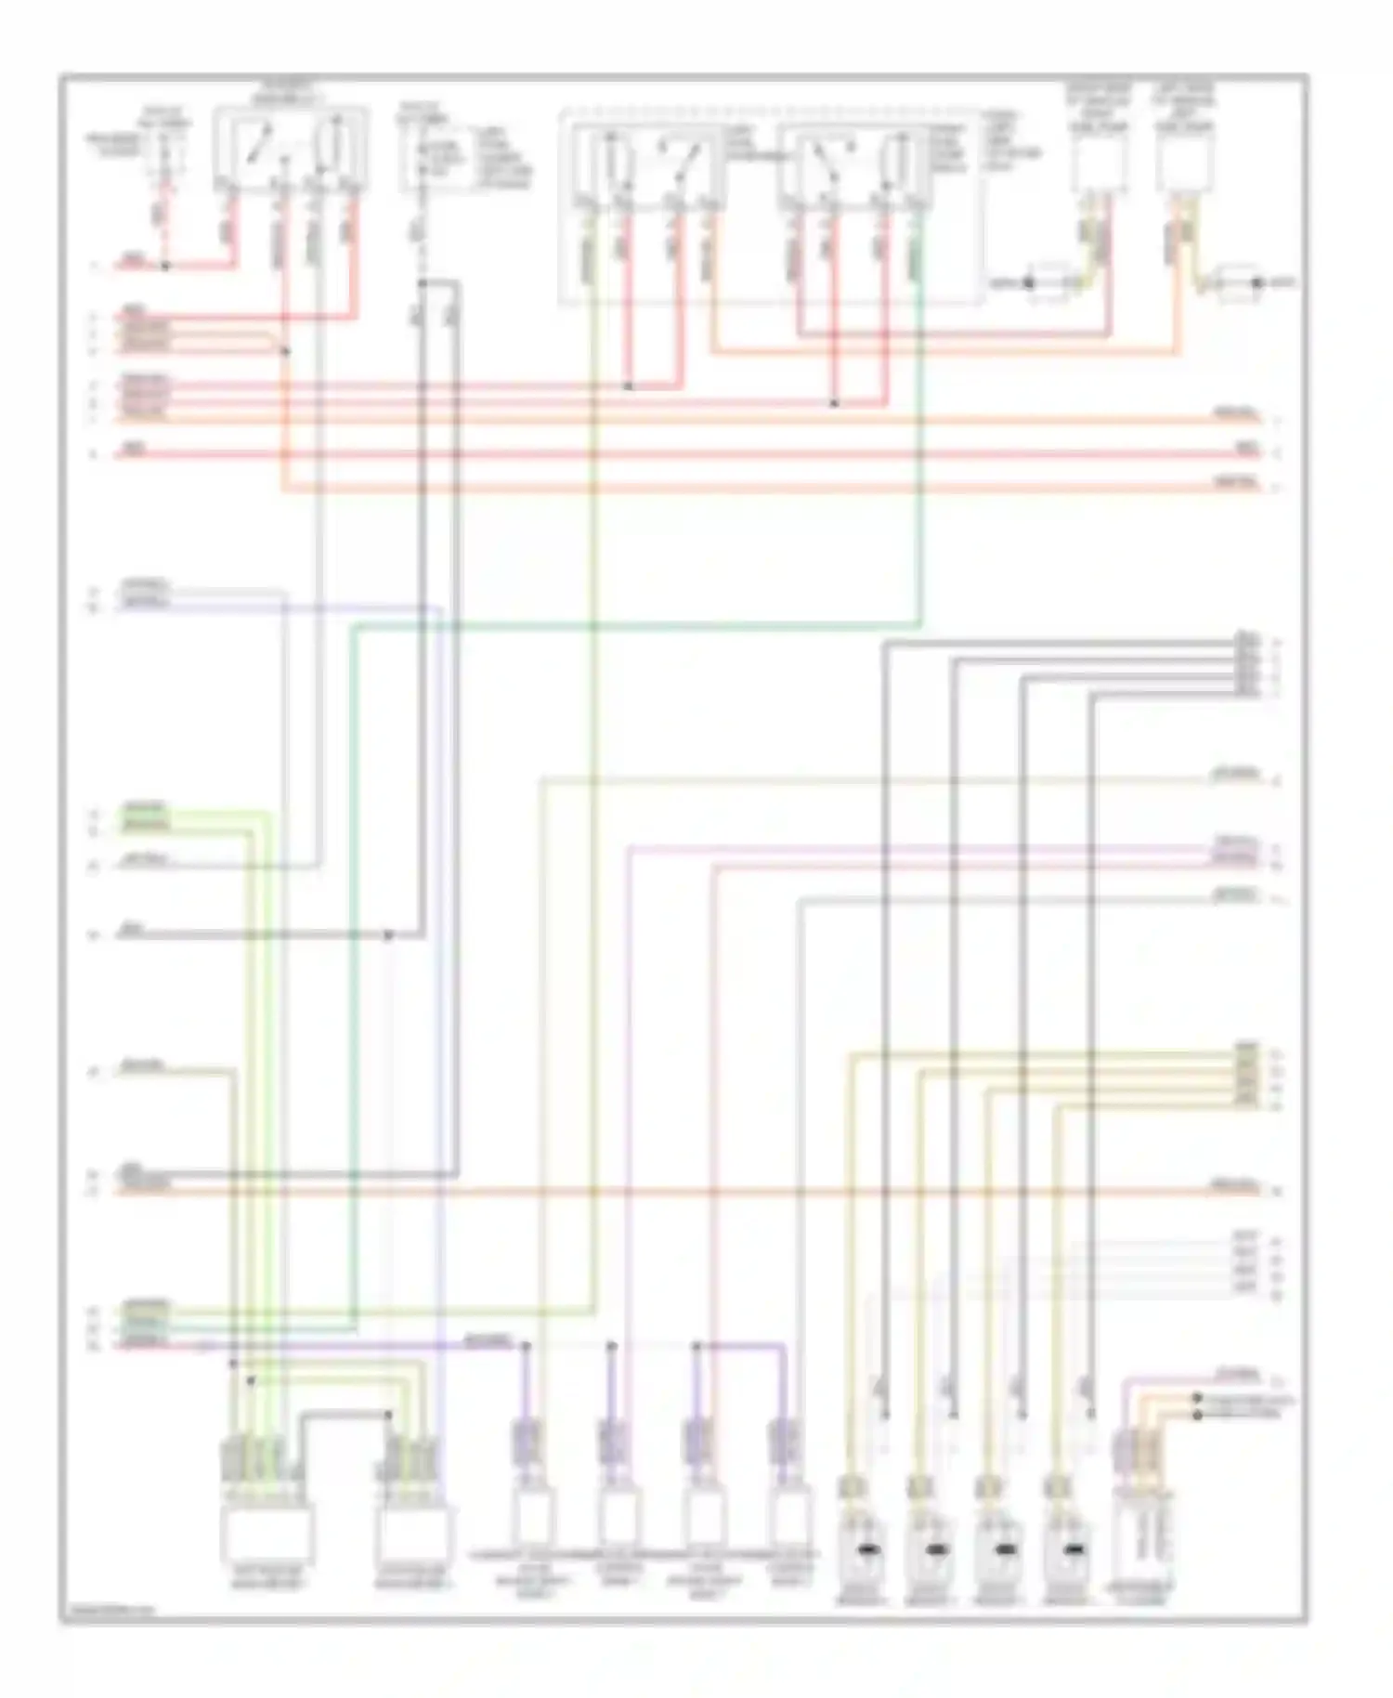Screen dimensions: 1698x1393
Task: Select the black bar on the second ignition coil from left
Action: coord(935,1549)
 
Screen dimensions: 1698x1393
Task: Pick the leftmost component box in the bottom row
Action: coord(267,1533)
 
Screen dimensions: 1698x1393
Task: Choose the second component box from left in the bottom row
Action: coord(415,1533)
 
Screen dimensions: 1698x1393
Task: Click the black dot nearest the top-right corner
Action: coord(1258,282)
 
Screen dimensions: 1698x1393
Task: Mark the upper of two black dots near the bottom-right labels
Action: coord(1198,1398)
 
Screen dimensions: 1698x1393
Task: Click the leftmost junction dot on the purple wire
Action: coord(526,1345)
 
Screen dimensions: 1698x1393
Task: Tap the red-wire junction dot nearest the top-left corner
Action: coord(166,267)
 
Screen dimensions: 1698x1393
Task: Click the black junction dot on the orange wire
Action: coord(285,351)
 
